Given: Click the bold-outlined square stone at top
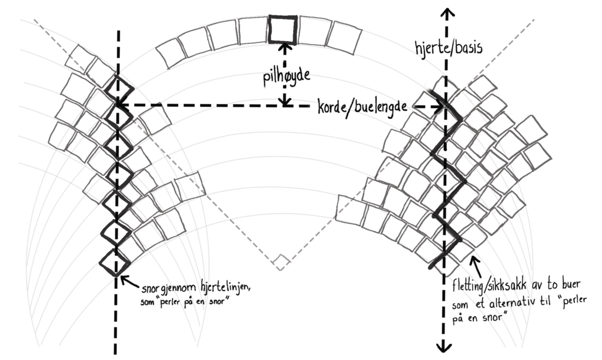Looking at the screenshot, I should point(283,29).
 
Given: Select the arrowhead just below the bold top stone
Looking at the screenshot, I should point(284,47).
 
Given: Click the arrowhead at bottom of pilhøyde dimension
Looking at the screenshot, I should point(285,102).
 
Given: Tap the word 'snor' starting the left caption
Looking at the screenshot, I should point(152,287).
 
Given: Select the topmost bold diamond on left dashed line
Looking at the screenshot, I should point(119,89).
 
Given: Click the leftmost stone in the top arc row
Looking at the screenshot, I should point(170,52).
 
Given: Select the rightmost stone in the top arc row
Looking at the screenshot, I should point(343,37).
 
